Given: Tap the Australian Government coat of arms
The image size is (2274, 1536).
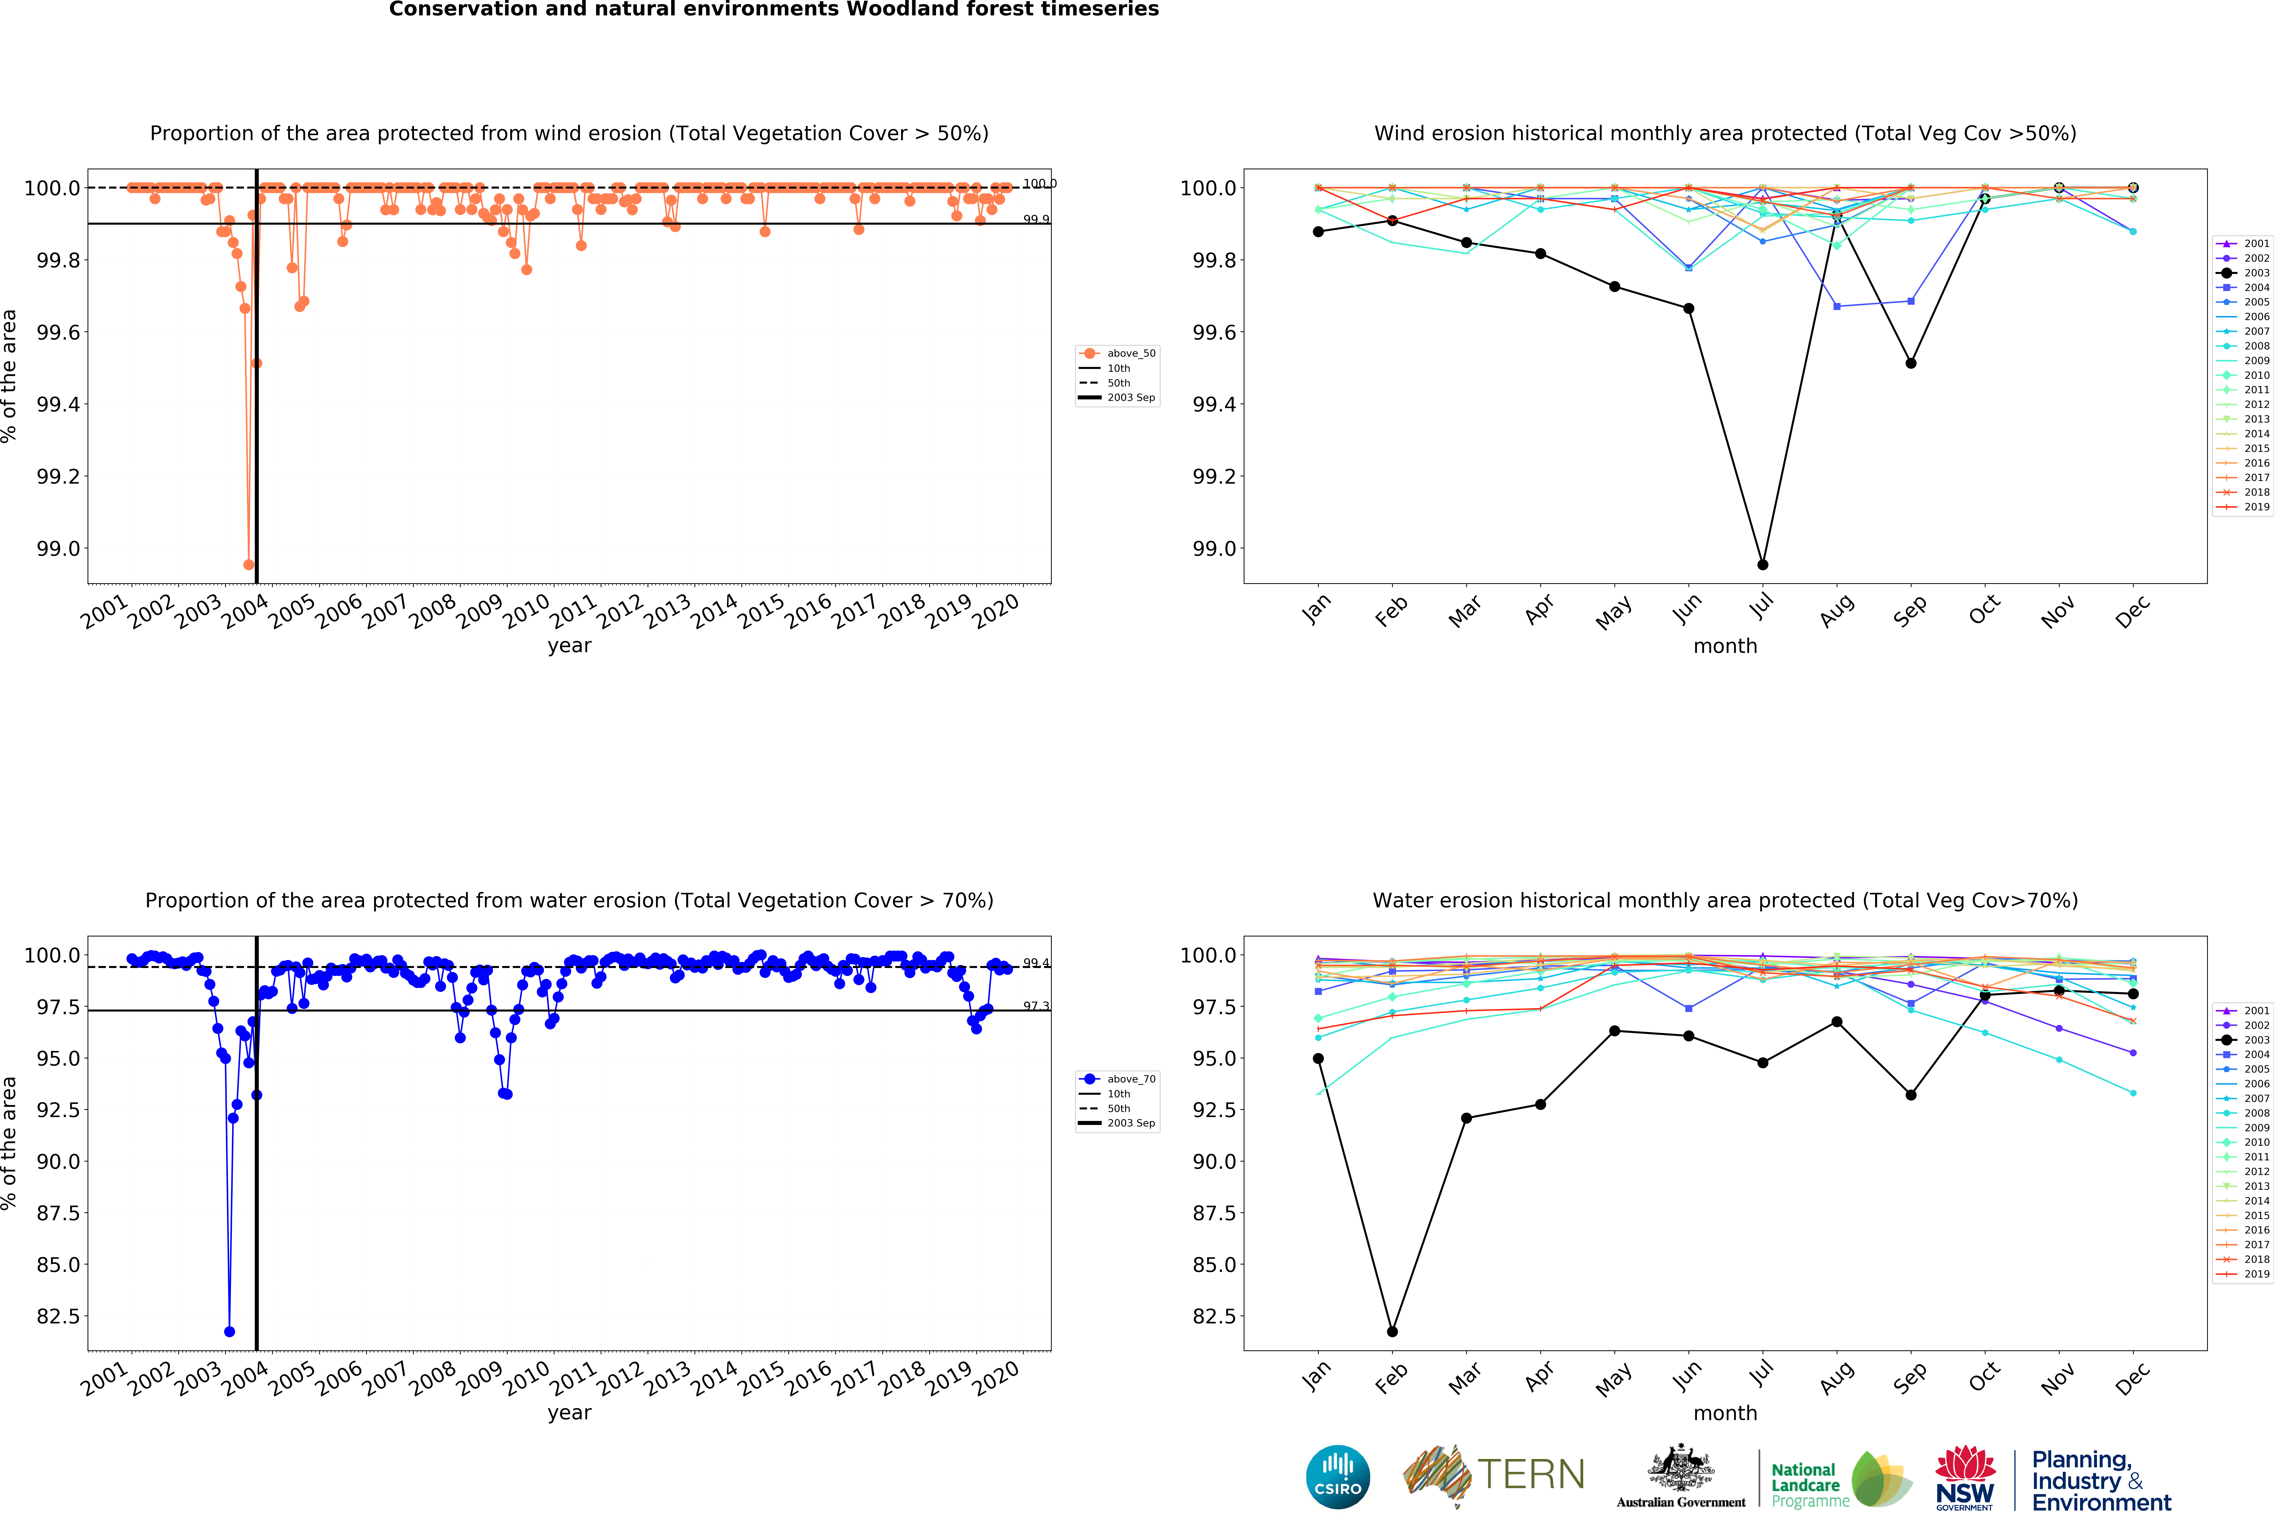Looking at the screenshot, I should point(1680,1467).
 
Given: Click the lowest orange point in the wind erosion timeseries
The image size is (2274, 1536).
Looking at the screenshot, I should point(248,564).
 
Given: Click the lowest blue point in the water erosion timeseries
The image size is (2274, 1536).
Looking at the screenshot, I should point(229,1332).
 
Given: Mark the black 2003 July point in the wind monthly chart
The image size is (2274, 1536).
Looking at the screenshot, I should point(1762,564).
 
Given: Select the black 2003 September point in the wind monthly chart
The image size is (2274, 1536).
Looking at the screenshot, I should point(1910,363).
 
